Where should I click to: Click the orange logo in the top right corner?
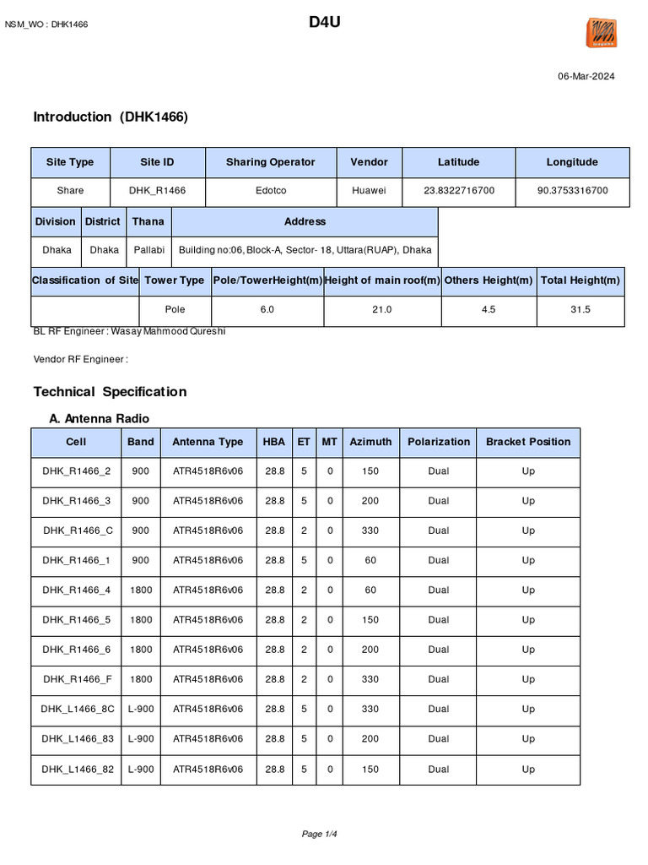[602, 33]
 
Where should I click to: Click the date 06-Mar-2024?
[586, 76]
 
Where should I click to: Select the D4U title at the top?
[324, 22]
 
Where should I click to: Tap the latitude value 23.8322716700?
[458, 191]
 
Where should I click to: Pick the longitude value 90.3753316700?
[572, 191]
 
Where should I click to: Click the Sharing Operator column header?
[270, 162]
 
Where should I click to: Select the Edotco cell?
[270, 191]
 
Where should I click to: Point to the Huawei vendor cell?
[369, 191]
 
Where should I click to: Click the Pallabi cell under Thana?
[149, 250]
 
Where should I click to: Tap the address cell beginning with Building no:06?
[305, 250]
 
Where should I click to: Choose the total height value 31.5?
[580, 310]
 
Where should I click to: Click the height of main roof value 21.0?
[381, 310]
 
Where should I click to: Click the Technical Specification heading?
[110, 392]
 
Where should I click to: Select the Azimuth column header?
[370, 442]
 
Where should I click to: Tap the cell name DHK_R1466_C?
[76, 530]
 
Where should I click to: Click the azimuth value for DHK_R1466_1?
[370, 560]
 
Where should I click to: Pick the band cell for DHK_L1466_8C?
[141, 709]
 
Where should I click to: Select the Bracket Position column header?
[527, 442]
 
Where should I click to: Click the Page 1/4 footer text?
[325, 835]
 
